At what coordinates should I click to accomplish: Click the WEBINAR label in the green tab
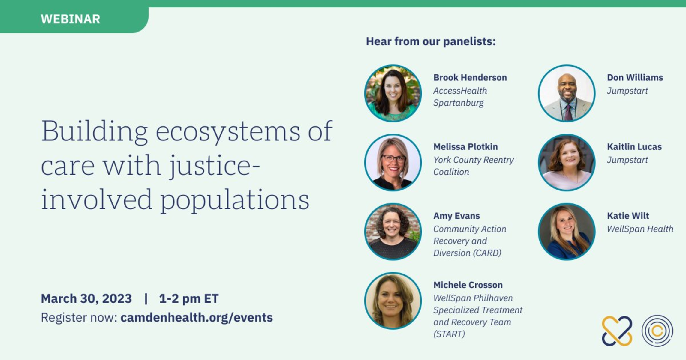coord(70,19)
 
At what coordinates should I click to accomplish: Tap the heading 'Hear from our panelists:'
coord(431,41)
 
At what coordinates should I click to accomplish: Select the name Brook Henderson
coord(470,77)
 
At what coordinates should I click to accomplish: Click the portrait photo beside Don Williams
coord(567,93)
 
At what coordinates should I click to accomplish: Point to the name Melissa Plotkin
coord(465,146)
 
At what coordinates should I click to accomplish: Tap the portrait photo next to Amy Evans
coord(393,232)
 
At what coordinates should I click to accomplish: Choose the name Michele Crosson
coord(468,285)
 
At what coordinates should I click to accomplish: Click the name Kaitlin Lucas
coord(634,146)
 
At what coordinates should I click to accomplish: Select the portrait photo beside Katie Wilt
coord(567,232)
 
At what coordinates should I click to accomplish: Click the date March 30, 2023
coord(86,298)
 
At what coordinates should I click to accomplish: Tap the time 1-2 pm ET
coord(189,298)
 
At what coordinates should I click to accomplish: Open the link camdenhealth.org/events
coord(197,317)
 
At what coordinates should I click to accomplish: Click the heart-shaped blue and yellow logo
coord(617,331)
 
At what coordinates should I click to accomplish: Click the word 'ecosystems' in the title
coord(228,131)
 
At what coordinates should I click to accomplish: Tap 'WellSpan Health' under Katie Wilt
coord(640,229)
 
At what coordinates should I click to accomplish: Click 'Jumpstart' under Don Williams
coord(627,91)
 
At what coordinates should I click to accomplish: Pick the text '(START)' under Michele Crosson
coord(449,334)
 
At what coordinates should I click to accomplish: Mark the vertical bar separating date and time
coord(146,298)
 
